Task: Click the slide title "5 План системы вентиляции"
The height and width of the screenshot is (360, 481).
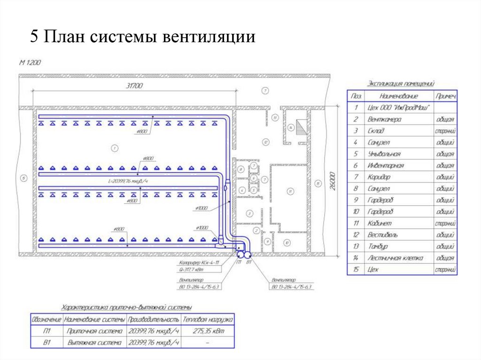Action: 143,37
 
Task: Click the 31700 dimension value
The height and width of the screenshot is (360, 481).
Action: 134,85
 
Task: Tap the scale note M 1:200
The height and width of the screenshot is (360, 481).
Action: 31,62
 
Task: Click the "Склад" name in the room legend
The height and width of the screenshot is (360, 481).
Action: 376,131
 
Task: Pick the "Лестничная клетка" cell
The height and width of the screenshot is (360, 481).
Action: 395,258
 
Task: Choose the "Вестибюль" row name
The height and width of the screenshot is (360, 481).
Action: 383,235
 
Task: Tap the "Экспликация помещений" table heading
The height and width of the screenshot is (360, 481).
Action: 400,84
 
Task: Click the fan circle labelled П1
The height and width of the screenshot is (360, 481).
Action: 240,254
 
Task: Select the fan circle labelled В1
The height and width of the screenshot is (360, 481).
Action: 248,254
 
